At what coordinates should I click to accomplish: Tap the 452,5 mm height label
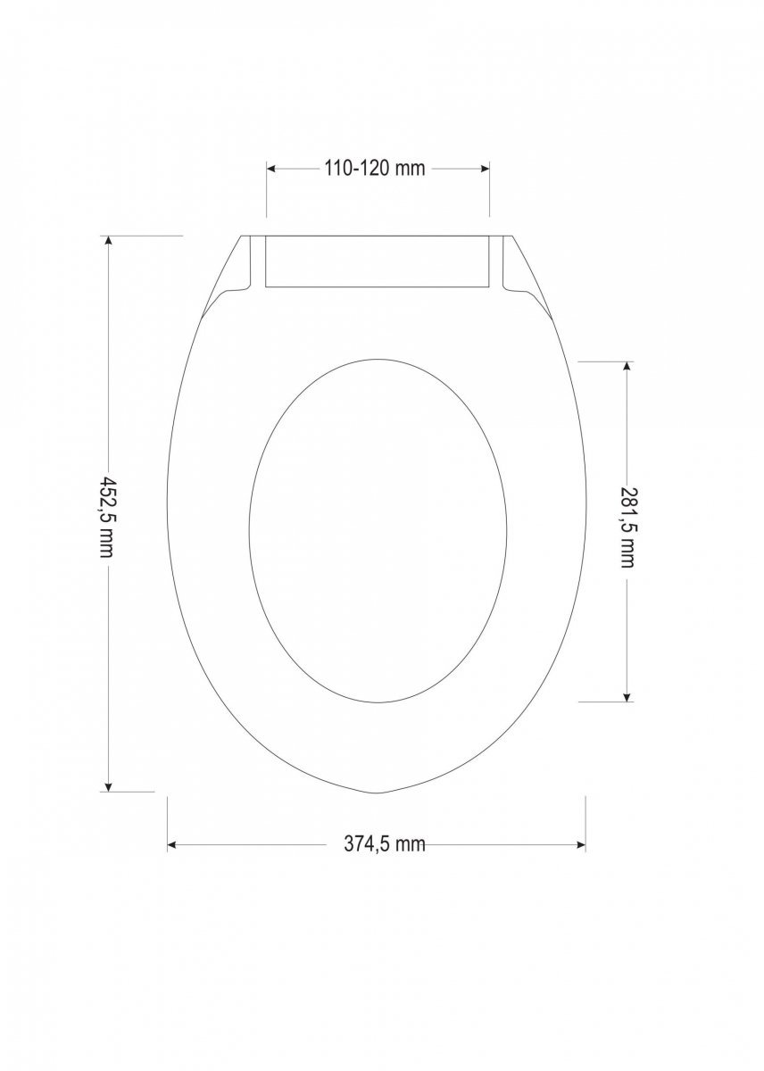coord(106,517)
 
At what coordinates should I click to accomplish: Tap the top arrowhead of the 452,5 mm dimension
coord(109,241)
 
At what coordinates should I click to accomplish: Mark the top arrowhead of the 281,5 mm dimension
coord(627,367)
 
